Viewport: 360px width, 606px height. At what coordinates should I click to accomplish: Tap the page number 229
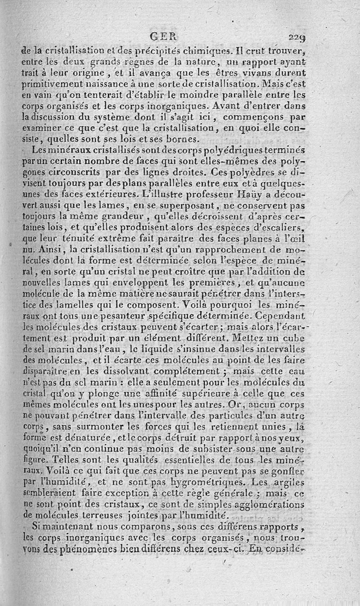[297, 37]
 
